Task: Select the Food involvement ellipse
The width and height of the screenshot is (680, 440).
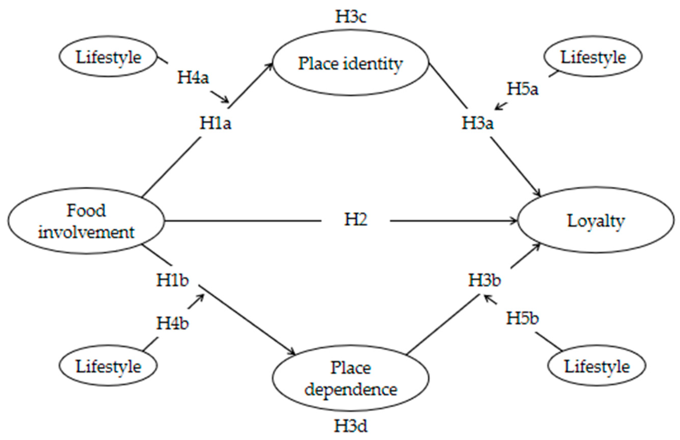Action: pos(86,221)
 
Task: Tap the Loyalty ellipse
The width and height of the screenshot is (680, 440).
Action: pos(596,221)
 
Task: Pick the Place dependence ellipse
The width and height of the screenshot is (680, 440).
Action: pos(351,378)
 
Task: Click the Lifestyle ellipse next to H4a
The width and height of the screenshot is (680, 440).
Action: pos(108,57)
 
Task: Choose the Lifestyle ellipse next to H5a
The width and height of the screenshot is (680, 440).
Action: pos(593,57)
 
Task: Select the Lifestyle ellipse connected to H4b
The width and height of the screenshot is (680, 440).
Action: pos(108,366)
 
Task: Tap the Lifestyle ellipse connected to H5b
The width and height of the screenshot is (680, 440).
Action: pos(597,366)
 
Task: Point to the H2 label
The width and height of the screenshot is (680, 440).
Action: pos(355,220)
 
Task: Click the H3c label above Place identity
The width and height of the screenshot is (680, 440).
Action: pos(351,16)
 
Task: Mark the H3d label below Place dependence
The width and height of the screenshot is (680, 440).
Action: pos(351,426)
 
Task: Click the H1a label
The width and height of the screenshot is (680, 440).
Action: pos(215,123)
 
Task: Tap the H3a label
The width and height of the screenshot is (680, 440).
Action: pos(478,123)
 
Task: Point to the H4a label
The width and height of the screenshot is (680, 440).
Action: pos(193,77)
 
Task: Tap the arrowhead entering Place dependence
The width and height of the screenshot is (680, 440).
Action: pos(293,353)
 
